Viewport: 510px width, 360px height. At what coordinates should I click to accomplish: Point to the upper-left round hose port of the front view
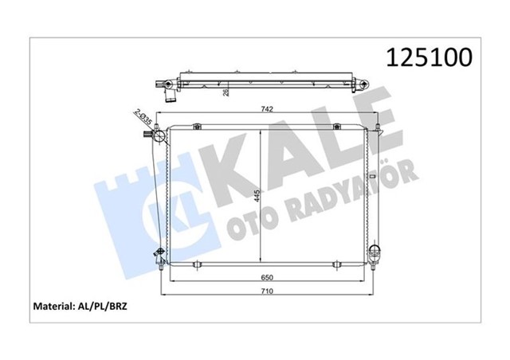click(x=159, y=138)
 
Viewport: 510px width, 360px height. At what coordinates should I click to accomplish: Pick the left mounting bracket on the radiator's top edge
click(x=194, y=123)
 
